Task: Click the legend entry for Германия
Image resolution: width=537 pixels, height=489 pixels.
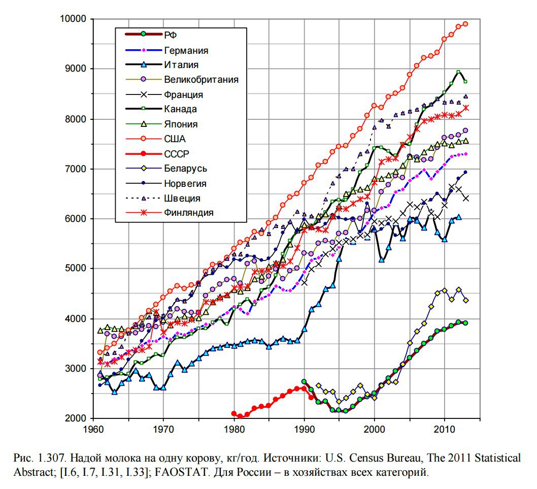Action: click(186, 50)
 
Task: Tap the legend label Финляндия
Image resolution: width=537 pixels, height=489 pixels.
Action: click(188, 212)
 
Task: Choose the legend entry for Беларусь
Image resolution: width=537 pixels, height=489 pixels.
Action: click(185, 168)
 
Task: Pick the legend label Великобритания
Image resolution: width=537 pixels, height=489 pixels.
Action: click(201, 80)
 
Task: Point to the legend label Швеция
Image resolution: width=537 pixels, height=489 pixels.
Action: click(182, 198)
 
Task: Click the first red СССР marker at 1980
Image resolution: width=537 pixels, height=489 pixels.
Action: click(234, 414)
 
